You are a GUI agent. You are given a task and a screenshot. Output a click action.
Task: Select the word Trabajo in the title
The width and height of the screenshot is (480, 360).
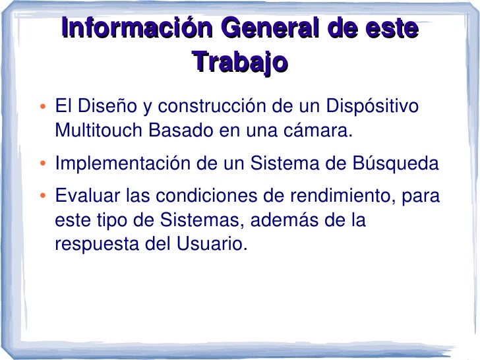pyautogui.click(x=241, y=63)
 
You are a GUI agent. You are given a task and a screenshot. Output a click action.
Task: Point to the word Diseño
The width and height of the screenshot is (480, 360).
pyautogui.click(x=106, y=106)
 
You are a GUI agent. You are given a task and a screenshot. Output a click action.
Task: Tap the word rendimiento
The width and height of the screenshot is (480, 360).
pyautogui.click(x=335, y=196)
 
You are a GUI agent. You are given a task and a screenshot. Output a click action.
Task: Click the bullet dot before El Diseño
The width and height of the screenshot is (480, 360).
pyautogui.click(x=42, y=107)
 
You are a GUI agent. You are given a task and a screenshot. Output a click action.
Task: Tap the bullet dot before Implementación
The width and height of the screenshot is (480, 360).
pyautogui.click(x=42, y=164)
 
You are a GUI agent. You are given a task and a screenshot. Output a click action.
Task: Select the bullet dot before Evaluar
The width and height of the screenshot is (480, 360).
pyautogui.click(x=42, y=196)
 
